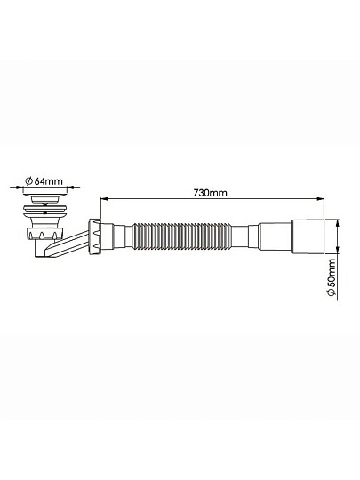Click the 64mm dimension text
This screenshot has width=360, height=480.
(48, 181)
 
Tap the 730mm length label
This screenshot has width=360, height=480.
(211, 193)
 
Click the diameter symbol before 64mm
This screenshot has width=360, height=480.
(28, 181)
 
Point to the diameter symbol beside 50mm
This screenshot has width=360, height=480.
(332, 292)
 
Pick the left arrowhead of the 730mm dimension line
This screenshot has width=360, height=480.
(105, 199)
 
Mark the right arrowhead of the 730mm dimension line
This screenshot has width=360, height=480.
(320, 199)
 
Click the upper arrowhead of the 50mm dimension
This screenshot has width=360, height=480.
(338, 223)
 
